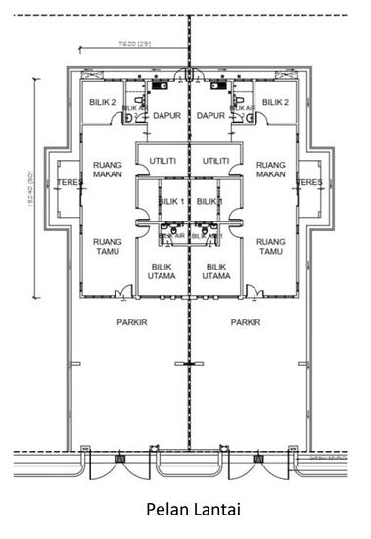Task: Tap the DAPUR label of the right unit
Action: point(212,115)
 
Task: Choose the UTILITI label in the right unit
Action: point(215,160)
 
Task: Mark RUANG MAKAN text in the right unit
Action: point(270,170)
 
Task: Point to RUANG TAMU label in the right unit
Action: point(270,245)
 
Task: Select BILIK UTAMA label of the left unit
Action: point(162,270)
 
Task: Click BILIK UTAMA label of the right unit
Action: point(215,270)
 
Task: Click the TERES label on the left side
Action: point(68,182)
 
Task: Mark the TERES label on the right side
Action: point(309,182)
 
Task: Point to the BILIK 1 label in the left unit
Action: point(171,201)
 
